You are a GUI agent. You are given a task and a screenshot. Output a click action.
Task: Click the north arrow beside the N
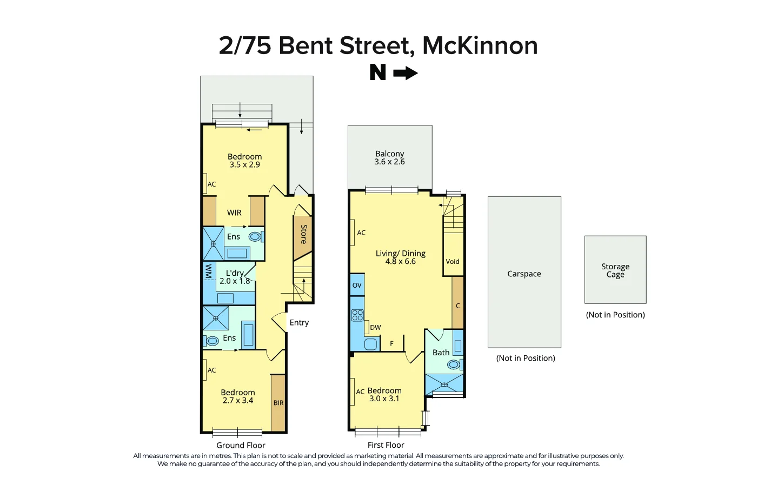tap(405, 73)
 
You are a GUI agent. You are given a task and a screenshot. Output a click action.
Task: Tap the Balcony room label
tap(389, 154)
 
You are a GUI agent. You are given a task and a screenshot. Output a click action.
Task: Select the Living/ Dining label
tap(400, 254)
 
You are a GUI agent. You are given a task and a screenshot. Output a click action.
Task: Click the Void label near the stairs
tap(453, 262)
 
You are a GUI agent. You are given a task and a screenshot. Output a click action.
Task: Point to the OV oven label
tap(357, 286)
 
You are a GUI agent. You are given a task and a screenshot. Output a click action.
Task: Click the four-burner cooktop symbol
tap(357, 315)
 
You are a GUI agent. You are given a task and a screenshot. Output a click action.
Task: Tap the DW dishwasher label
tap(375, 328)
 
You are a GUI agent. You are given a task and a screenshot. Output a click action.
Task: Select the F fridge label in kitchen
tap(392, 343)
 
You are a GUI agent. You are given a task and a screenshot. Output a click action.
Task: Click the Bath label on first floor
tap(441, 353)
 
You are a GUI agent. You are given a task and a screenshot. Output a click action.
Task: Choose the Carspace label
tap(524, 274)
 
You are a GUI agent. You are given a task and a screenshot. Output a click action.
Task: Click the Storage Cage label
tap(615, 270)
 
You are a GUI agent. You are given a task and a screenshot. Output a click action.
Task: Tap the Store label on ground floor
tap(304, 234)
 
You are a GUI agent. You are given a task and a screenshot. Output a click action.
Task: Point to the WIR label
tap(234, 213)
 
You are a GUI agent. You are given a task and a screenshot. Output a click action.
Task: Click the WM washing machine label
tap(208, 271)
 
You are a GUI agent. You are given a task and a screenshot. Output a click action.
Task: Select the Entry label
tap(299, 323)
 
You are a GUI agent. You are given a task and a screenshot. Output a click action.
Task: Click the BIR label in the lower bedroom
tap(278, 403)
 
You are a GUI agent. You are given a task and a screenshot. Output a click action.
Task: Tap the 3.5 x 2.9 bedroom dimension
tap(244, 165)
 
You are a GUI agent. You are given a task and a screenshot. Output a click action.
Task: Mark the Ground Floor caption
tap(241, 446)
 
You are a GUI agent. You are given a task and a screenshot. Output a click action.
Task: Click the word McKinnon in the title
tap(480, 45)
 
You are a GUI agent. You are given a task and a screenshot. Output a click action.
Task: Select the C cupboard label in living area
tap(457, 306)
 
